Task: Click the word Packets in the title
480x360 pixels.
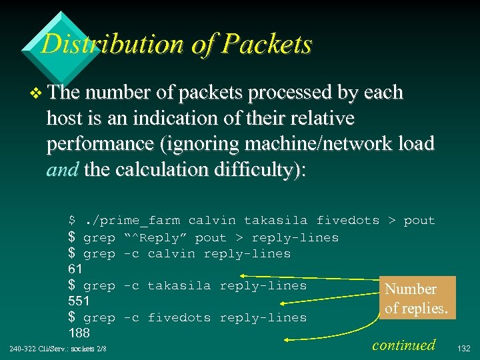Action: [268, 45]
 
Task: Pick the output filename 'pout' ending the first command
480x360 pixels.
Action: [419, 221]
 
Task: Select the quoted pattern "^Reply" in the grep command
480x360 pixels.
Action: [158, 238]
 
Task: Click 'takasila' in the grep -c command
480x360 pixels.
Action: [179, 285]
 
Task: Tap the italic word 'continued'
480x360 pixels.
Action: [404, 345]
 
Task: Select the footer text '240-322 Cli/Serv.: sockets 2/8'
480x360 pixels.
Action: [59, 349]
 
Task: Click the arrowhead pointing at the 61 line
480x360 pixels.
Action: [244, 275]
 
